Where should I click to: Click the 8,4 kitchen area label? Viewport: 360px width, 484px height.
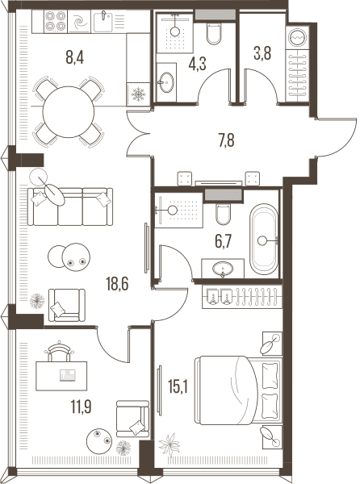pos(75,57)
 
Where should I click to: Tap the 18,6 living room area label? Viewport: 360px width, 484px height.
pos(117,284)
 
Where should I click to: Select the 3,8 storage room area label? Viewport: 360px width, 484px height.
pos(262,53)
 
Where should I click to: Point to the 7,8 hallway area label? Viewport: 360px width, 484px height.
pos(226,140)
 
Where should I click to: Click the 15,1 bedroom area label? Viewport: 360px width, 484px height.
pos(178,386)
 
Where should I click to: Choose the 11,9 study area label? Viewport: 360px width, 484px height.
pos(82,407)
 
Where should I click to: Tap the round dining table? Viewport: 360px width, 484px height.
pos(69,112)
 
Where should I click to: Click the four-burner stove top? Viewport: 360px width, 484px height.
pos(57,21)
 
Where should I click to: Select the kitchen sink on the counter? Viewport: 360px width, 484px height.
pos(103,21)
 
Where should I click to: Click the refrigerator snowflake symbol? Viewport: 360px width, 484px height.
pos(138,94)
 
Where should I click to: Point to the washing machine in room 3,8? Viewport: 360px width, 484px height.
pos(298,36)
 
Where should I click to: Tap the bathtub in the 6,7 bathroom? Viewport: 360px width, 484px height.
pos(263,239)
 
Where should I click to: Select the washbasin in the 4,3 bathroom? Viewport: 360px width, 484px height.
pos(165,82)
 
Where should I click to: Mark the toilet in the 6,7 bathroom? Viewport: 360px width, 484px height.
pos(223,214)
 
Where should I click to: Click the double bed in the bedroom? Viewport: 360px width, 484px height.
pos(239,390)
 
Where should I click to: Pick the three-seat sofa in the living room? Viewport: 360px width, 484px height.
pos(70,207)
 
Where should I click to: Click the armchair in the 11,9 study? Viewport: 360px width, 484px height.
pos(132,419)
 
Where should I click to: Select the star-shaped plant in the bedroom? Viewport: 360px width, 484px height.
pos(169,444)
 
